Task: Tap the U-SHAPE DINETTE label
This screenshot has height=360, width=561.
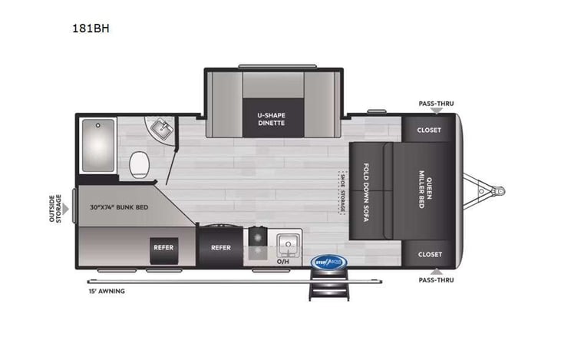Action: point(271,118)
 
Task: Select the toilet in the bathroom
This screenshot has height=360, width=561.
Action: point(140,163)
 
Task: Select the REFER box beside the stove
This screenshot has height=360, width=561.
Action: point(221,247)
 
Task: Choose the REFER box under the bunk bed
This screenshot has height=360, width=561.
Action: point(162,247)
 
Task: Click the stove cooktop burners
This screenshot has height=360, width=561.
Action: point(256,244)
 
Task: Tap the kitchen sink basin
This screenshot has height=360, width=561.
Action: point(288,244)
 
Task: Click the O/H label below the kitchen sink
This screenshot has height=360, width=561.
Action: point(282,261)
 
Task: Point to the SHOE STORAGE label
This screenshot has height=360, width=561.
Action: point(342,193)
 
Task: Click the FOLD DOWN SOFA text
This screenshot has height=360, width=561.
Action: point(368,193)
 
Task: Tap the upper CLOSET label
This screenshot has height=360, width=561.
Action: point(429,130)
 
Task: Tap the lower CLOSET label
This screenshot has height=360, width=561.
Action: point(429,254)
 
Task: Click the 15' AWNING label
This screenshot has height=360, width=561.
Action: point(107,292)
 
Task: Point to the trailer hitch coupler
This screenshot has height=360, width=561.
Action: point(497,190)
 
